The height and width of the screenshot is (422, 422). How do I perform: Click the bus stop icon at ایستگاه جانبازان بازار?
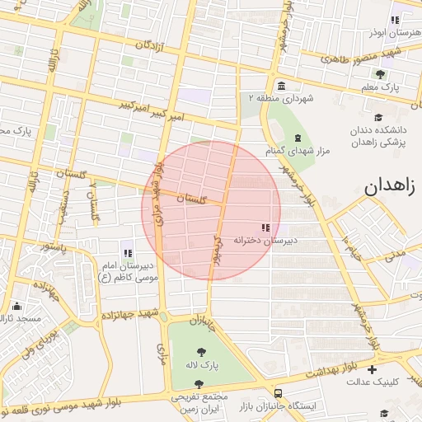pos(279,394)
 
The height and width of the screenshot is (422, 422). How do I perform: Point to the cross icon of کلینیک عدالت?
pos(372,369)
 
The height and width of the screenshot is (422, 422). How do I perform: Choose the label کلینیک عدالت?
pos(372,382)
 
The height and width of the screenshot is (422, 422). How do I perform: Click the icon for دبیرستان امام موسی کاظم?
pos(128,253)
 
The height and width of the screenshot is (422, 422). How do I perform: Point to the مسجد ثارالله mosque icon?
pos(17,306)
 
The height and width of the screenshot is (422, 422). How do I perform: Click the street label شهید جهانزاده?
pos(128,315)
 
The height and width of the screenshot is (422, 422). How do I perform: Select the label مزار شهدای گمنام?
pos(297,152)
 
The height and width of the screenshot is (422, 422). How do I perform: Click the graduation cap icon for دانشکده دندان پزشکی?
pos(377,116)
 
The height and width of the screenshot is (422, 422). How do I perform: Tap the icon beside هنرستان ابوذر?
pos(396,20)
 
